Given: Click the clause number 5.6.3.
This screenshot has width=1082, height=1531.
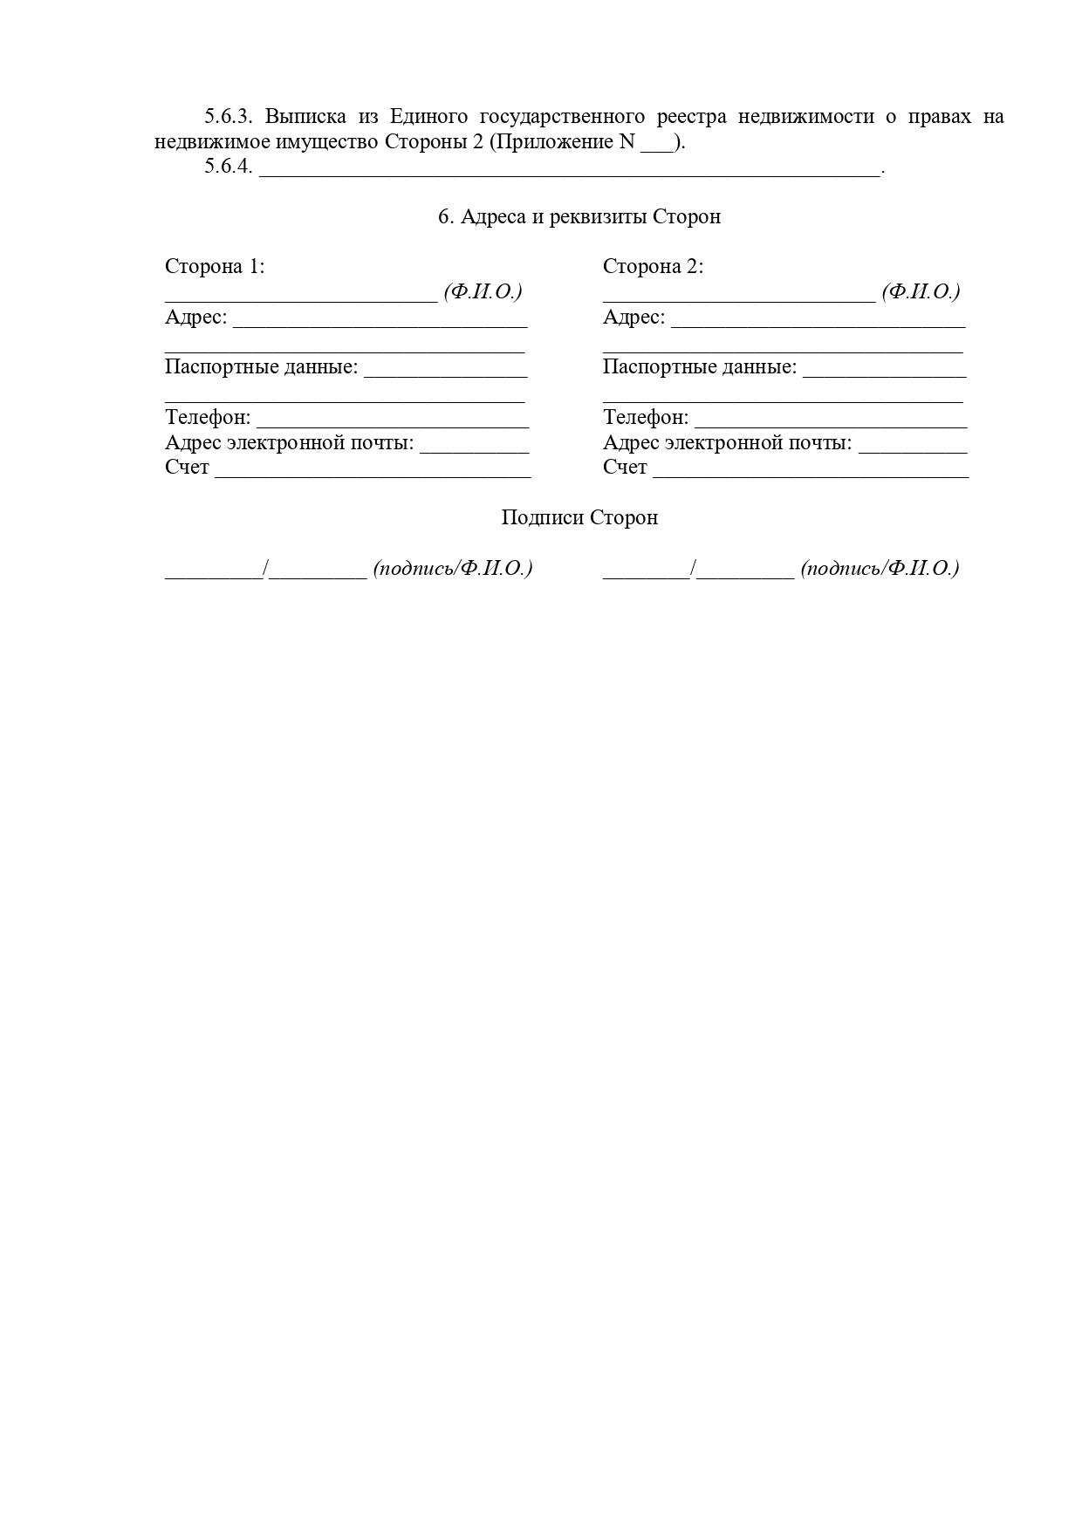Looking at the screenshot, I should coord(228,116).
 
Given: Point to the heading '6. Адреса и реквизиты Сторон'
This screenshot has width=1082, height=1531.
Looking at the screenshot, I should coord(579,216).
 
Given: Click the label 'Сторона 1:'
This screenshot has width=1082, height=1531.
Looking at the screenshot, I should coord(215,266).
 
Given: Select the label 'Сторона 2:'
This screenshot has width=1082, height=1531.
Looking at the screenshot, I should coord(653,266).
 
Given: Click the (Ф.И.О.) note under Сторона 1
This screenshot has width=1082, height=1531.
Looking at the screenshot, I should coord(483,291).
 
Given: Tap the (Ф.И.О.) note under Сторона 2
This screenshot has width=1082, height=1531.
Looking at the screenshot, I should coord(921,291).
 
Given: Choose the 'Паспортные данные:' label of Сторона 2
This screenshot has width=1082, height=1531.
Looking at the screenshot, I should coord(699,366).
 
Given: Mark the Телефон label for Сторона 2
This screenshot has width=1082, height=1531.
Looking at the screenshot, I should coord(645,417).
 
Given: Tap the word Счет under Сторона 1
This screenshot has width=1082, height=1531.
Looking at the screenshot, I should coord(187,468).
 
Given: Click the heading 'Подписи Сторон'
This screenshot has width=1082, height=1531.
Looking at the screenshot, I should coord(579,517).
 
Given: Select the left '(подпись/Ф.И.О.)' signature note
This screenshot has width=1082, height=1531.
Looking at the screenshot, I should coord(453,568).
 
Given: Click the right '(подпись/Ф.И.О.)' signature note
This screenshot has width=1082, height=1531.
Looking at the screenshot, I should coord(880,568).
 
